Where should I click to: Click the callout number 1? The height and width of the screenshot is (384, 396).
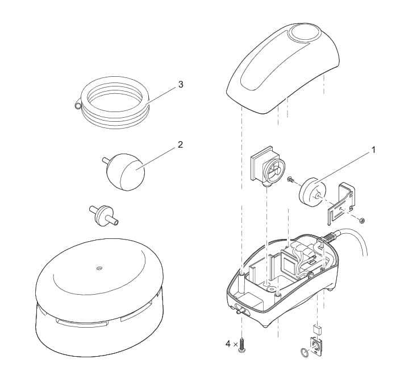pyautogui.click(x=373, y=150)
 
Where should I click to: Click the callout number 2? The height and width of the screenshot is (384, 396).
pyautogui.click(x=180, y=145)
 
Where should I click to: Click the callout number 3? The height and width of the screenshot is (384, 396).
pyautogui.click(x=181, y=84)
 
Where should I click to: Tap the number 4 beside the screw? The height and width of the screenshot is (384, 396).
pyautogui.click(x=228, y=344)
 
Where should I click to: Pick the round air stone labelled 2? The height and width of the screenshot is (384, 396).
pyautogui.click(x=124, y=172)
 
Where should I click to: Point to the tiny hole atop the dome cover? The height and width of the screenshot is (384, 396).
pyautogui.click(x=99, y=267)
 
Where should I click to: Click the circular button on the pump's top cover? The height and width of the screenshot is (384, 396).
pyautogui.click(x=304, y=35)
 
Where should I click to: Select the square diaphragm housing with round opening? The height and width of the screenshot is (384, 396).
pyautogui.click(x=267, y=166)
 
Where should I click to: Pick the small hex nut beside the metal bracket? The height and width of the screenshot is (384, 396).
pyautogui.click(x=362, y=221)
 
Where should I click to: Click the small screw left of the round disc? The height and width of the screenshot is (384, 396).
pyautogui.click(x=291, y=180)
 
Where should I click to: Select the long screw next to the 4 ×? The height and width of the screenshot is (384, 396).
pyautogui.click(x=241, y=345)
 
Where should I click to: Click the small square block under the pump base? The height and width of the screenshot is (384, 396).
pyautogui.click(x=317, y=329)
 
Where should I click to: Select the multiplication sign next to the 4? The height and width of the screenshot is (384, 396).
pyautogui.click(x=236, y=344)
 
